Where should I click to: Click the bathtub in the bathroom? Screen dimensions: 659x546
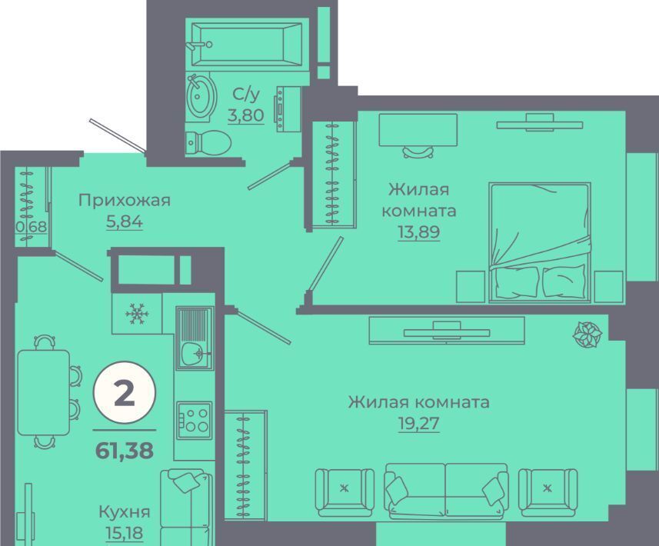[247, 44]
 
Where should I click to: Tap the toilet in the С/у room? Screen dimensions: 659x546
[208, 143]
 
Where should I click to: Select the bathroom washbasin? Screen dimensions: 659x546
[201, 96]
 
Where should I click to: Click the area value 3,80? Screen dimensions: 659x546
[246, 115]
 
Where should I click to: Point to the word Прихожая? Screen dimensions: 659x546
[125, 201]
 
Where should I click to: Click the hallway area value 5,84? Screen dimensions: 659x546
[125, 221]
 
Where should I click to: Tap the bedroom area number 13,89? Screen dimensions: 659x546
[419, 231]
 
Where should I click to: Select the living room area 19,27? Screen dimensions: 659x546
[418, 424]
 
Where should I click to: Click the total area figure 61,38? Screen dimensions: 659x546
[125, 451]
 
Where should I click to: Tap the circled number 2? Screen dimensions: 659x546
[125, 393]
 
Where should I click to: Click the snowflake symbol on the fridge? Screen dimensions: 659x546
[137, 314]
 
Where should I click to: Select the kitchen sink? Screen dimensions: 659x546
[195, 338]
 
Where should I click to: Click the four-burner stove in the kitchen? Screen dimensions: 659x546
[195, 421]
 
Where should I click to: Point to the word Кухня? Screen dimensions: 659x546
[125, 512]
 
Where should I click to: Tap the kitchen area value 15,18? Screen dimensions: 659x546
[125, 533]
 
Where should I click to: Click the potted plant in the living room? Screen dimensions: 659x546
[587, 335]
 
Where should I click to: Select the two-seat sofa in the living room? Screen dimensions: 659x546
[446, 491]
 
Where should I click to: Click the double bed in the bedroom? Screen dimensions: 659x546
[540, 242]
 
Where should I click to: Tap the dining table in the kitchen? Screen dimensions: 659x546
[43, 393]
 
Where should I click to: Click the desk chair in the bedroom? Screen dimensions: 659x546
[418, 151]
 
